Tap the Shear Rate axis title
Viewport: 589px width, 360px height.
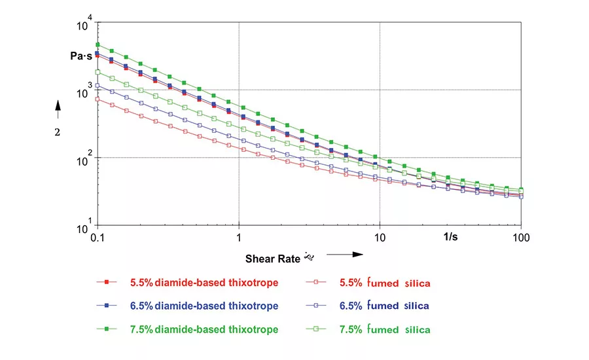[272, 258]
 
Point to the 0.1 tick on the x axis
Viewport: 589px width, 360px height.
[97, 236]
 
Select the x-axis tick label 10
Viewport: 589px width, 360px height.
[380, 236]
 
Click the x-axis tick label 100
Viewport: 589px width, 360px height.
[521, 236]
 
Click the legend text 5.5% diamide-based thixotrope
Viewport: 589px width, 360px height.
[204, 283]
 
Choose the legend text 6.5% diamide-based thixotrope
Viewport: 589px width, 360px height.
[204, 306]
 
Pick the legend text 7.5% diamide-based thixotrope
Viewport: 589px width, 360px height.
[204, 329]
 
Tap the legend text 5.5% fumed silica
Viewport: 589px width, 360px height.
[385, 283]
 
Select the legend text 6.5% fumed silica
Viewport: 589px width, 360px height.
[385, 306]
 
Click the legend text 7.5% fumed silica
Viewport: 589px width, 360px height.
[385, 329]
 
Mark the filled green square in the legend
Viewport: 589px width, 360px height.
[105, 329]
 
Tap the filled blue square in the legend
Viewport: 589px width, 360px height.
[105, 306]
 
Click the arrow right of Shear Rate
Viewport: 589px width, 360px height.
[344, 254]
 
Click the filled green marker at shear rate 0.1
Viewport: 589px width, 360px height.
[97, 45]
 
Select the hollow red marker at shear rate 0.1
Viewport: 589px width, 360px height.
[97, 99]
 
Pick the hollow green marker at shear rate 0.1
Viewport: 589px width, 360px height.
[97, 72]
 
